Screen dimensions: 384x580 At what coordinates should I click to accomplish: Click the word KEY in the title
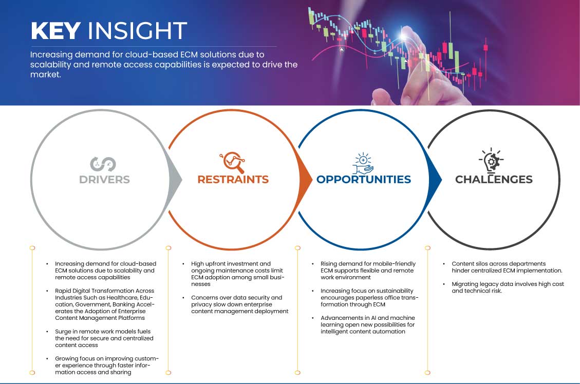[56, 31]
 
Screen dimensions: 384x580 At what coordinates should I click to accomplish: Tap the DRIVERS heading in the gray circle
[104, 180]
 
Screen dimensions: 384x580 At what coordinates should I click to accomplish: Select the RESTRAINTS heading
[233, 180]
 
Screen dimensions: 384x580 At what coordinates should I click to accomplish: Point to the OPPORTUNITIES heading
[363, 180]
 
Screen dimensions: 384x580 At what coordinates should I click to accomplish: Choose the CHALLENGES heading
[494, 180]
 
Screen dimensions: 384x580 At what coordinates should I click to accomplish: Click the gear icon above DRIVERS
[103, 164]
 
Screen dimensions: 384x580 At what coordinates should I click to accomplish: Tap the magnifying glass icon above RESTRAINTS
[232, 162]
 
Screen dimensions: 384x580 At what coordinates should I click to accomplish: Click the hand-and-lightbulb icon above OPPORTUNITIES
[363, 163]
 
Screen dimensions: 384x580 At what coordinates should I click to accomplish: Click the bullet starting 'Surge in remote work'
[105, 338]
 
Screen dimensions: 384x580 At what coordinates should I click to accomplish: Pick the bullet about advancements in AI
[364, 324]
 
